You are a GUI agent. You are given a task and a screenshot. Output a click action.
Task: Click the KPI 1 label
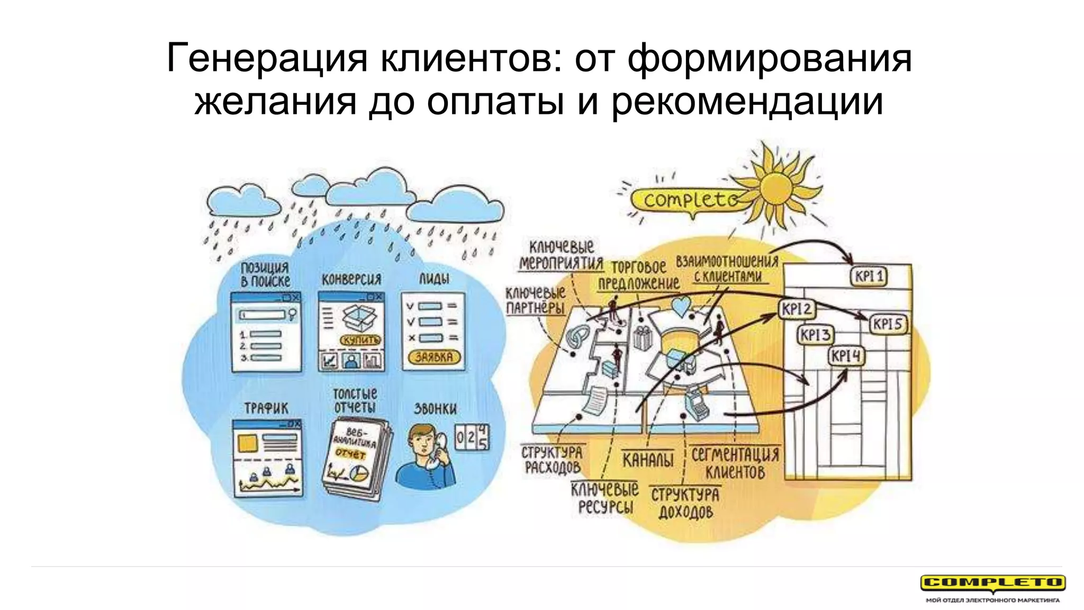pyautogui.click(x=869, y=276)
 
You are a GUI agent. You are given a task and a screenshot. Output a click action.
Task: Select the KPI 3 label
pyautogui.click(x=815, y=335)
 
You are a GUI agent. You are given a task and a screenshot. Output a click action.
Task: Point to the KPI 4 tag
pyautogui.click(x=846, y=356)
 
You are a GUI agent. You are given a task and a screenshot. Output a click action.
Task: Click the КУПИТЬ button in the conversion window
pyautogui.click(x=360, y=340)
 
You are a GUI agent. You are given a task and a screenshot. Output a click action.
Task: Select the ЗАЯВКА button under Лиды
pyautogui.click(x=434, y=357)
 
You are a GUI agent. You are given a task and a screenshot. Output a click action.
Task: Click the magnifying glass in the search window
pyautogui.click(x=292, y=315)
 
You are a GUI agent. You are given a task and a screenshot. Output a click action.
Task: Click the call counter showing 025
pyautogui.click(x=472, y=437)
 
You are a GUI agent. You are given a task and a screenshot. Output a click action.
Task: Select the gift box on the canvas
pyautogui.click(x=642, y=338)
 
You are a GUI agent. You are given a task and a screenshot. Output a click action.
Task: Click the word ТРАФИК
pyautogui.click(x=266, y=408)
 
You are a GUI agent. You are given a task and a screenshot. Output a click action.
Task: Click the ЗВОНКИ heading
pyautogui.click(x=435, y=409)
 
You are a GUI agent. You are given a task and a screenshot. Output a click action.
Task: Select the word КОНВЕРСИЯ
pyautogui.click(x=351, y=279)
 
